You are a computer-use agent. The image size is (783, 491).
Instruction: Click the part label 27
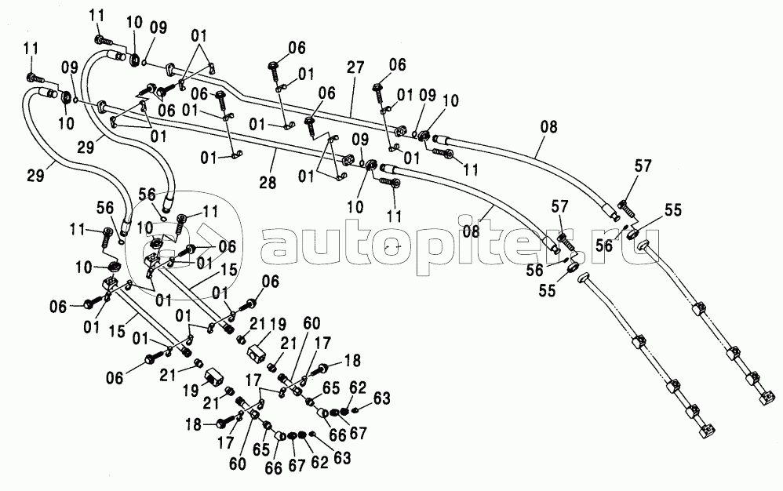[x=355, y=68]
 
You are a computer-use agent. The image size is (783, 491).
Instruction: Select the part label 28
[x=268, y=182]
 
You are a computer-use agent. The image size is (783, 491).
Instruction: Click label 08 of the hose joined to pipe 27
[x=548, y=127]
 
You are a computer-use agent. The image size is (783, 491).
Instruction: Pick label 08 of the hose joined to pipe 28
[x=471, y=231]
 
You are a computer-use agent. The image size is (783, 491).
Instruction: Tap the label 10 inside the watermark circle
[x=145, y=229]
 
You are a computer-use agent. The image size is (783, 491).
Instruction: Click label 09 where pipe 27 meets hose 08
[x=428, y=96]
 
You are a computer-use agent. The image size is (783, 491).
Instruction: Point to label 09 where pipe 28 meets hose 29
[x=70, y=67]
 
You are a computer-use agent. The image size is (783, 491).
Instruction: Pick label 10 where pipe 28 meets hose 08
[x=355, y=206]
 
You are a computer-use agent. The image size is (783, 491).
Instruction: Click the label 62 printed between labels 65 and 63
[x=358, y=387]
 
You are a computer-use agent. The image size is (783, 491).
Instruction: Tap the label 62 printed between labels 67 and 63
[x=319, y=462]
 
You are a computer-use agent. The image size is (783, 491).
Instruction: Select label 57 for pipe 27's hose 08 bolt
[x=643, y=165]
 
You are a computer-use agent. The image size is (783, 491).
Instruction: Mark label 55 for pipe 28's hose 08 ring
[x=548, y=291]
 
